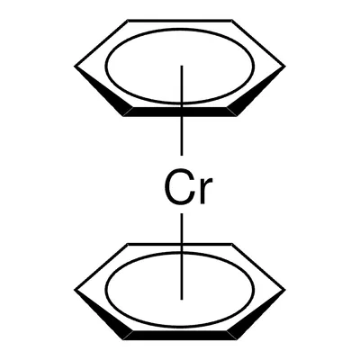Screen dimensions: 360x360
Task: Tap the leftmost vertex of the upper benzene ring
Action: click(75, 66)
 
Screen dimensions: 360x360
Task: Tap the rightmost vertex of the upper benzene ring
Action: click(285, 66)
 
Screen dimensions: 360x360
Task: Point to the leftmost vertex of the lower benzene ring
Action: click(75, 290)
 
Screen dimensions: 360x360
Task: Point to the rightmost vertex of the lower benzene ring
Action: click(285, 290)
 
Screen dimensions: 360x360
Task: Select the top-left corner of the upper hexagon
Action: click(128, 21)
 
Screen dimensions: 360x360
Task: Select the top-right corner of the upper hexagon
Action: click(232, 21)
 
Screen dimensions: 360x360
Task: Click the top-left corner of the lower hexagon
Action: click(128, 244)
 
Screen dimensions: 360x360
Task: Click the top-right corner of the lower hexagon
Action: click(232, 244)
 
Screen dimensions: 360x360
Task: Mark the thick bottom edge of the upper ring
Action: click(180, 112)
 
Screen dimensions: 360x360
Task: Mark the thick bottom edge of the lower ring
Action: click(180, 336)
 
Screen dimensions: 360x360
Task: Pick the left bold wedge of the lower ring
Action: click(103, 314)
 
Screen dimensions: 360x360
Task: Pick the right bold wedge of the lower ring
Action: click(256, 314)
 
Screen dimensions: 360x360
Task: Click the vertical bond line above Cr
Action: click(182, 111)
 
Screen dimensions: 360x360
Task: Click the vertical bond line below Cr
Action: click(182, 256)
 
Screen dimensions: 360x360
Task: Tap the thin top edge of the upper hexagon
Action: click(180, 21)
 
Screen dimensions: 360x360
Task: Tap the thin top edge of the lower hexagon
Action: click(180, 244)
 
